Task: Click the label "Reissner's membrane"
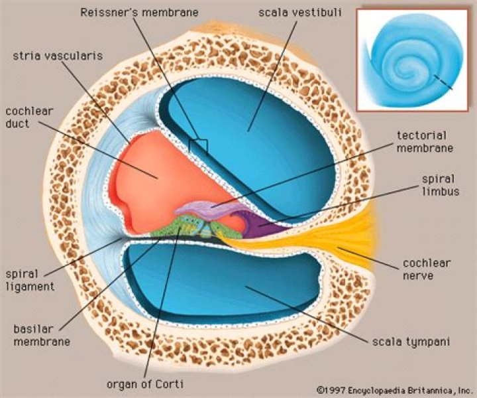pyautogui.click(x=140, y=12)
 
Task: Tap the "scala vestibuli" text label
pyautogui.click(x=300, y=12)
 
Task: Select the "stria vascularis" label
pyautogui.click(x=58, y=56)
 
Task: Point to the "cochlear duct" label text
pyautogui.click(x=29, y=117)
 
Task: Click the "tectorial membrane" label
pyautogui.click(x=425, y=141)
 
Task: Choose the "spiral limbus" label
pyautogui.click(x=441, y=185)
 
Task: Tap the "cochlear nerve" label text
pyautogui.click(x=427, y=269)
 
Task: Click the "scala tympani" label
pyautogui.click(x=411, y=342)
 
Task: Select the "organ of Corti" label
pyautogui.click(x=145, y=384)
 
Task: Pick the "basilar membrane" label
pyautogui.click(x=42, y=335)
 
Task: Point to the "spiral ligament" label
pyautogui.click(x=30, y=280)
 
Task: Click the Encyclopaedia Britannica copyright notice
pyautogui.click(x=394, y=390)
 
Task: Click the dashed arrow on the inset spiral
pyautogui.click(x=443, y=82)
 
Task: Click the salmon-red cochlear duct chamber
pyautogui.click(x=164, y=180)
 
